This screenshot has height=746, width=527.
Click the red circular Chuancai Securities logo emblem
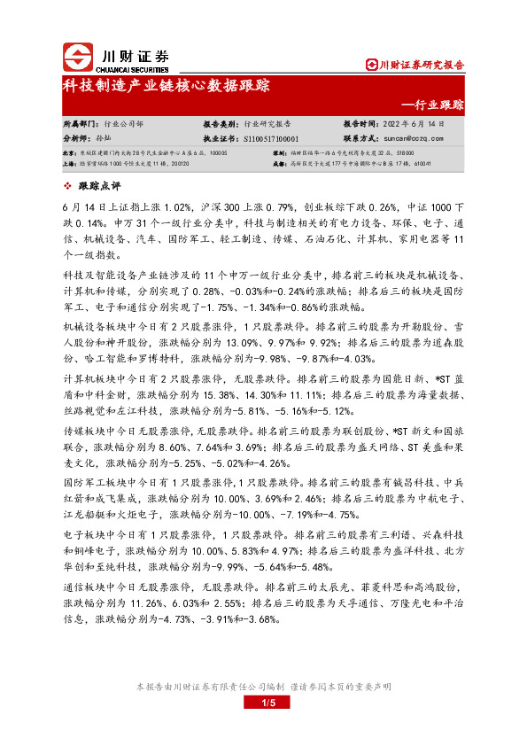coord(77,58)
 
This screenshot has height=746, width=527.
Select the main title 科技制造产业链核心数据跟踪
coord(166,87)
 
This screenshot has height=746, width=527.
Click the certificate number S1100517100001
coord(270,139)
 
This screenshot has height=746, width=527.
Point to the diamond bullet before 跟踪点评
coord(70,185)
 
